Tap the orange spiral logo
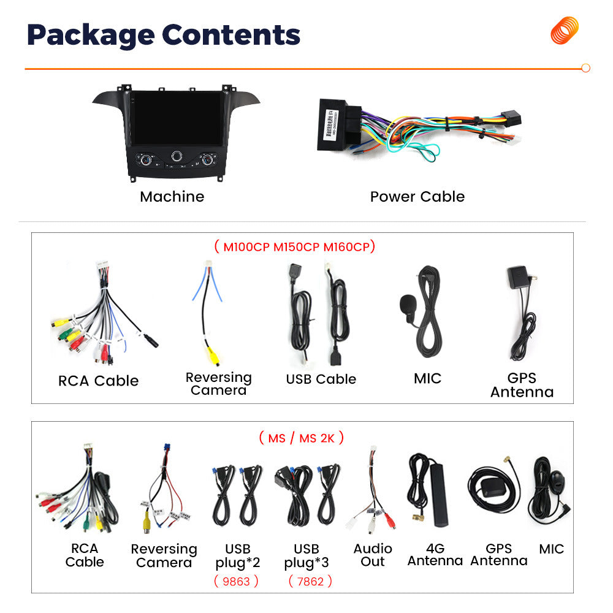[564, 31]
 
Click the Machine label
[172, 196]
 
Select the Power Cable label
[417, 196]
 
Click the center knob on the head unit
[177, 156]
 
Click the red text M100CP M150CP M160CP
[296, 247]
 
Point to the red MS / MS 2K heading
[301, 438]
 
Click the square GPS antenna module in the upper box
[519, 277]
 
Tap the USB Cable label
[321, 379]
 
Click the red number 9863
[236, 581]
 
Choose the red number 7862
[310, 581]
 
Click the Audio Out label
[373, 555]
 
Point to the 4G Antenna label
[435, 554]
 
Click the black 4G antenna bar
[439, 495]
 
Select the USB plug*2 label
[238, 556]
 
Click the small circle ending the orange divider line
[585, 68]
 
